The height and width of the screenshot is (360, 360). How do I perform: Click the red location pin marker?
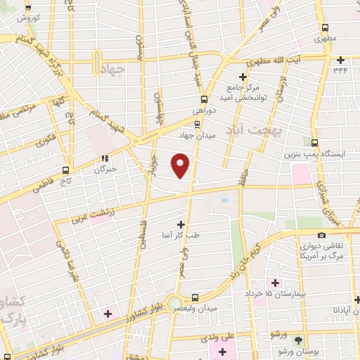coord(181,165)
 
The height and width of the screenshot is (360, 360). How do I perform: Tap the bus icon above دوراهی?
coord(204,99)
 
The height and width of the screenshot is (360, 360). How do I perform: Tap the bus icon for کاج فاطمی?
coord(65,169)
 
